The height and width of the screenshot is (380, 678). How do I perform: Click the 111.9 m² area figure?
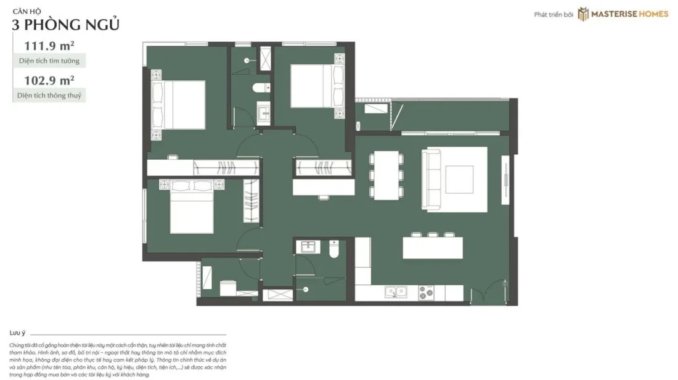[x=49, y=46]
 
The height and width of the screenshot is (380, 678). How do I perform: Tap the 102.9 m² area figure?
[x=49, y=80]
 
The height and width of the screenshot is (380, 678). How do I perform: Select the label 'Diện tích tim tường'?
[x=49, y=60]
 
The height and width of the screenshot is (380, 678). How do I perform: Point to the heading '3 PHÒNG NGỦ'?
[x=65, y=25]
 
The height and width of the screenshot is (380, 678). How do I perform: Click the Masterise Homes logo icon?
[x=583, y=14]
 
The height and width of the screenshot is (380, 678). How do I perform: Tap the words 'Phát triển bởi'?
[x=553, y=15]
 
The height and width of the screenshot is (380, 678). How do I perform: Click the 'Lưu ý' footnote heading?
[x=17, y=333]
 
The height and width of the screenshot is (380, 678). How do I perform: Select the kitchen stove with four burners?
[x=426, y=292]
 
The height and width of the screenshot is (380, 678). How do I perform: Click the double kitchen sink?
[x=396, y=292]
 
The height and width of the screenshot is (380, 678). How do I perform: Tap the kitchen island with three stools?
[x=433, y=246]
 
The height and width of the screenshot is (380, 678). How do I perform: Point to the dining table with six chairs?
[x=386, y=175]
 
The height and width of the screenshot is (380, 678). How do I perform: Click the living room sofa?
[x=431, y=180]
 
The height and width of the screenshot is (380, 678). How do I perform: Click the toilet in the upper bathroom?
[x=261, y=88]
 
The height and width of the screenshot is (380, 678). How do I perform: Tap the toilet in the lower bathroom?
[x=334, y=249]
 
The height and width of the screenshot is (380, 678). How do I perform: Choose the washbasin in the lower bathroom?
[x=308, y=247]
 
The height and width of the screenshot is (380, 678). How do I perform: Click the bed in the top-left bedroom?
[x=178, y=104]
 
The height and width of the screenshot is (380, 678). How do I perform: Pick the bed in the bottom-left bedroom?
[x=192, y=207]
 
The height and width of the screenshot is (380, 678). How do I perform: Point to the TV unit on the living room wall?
[x=505, y=180]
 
